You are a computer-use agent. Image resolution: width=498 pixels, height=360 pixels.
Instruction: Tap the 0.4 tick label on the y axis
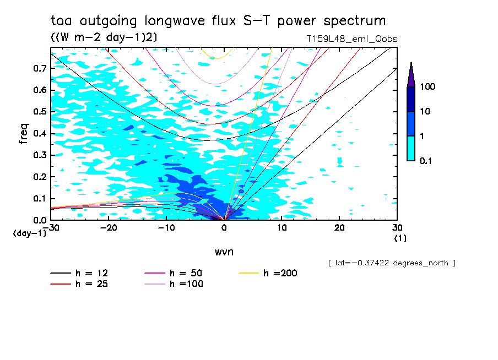point(39,134)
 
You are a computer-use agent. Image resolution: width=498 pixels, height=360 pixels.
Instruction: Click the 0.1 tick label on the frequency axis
point(39,199)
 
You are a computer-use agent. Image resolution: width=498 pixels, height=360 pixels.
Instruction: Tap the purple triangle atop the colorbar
point(411,74)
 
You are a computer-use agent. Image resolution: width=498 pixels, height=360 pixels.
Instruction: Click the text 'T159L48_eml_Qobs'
point(351,39)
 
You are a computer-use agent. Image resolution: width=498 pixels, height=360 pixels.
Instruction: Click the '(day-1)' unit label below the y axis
point(30,233)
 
